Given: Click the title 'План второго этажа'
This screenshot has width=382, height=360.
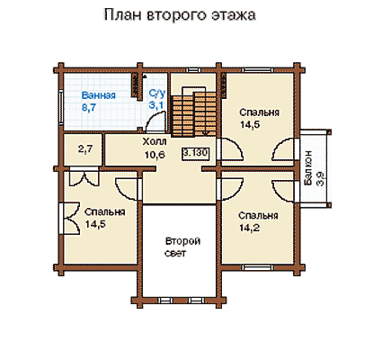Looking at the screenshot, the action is coord(180,15).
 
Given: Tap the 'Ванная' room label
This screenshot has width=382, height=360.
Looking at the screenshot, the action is coord(99,95).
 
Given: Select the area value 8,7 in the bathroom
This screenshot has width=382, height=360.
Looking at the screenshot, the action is coord(89,107).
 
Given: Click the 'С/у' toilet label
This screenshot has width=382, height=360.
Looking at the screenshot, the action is coord(157,94).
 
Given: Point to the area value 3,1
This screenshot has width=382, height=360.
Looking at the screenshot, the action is coord(155,105).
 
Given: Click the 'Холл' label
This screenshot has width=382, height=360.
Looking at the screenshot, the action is coord(155,141).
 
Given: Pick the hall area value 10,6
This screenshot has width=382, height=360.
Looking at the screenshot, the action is coord(155,155).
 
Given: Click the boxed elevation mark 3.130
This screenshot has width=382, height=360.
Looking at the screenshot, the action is coord(196,153).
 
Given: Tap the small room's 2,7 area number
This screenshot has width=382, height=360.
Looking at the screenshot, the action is coord(85,149).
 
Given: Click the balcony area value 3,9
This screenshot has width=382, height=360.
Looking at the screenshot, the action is coord(321,179).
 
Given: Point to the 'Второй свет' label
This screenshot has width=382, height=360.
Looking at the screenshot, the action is coord(182,247).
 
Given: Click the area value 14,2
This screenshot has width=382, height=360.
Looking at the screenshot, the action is coord(249,228).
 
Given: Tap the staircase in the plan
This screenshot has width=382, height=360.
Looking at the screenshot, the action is coord(194,112).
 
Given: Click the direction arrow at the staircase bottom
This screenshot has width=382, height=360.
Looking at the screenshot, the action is coord(206,132).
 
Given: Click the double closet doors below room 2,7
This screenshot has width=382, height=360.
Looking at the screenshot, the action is coord(83,178).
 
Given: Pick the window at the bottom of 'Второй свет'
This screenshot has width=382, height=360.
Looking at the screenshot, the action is coord(180,300).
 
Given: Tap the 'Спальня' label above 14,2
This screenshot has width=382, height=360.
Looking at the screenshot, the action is coord(258,216).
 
